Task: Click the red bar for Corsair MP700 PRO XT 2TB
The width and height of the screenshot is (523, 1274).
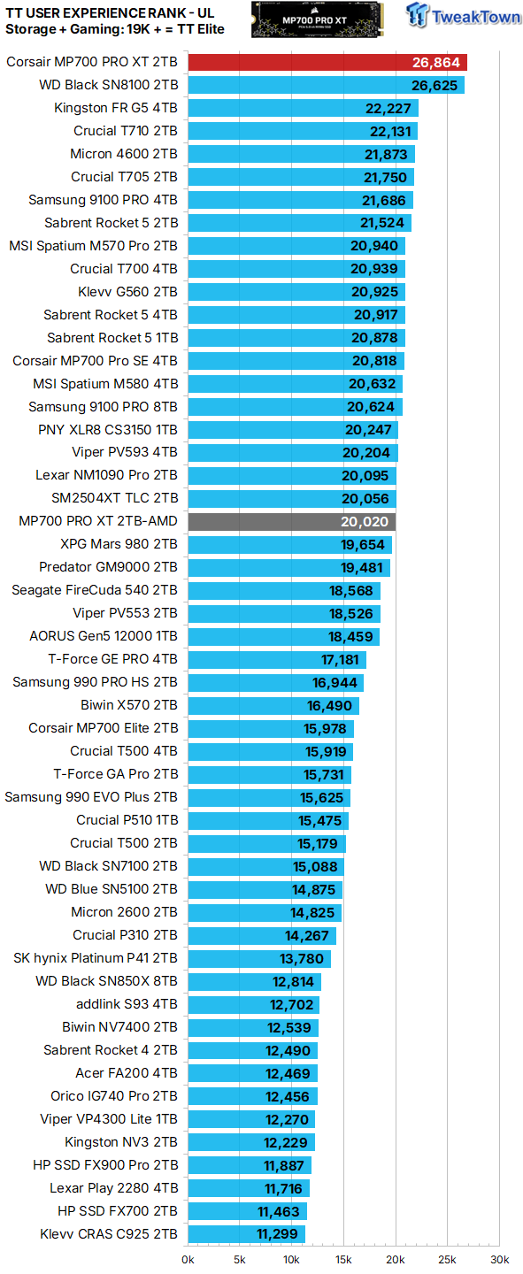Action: tap(327, 62)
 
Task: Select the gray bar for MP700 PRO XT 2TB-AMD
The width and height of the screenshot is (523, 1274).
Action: tap(291, 522)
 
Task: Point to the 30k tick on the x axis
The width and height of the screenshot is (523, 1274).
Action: tap(499, 1259)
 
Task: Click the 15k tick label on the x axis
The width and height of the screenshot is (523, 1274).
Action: tap(343, 1259)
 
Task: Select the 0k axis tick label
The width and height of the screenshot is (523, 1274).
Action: tap(188, 1259)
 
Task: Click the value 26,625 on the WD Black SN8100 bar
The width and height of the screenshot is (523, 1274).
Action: tap(435, 85)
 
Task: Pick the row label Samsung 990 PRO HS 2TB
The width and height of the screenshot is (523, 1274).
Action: tap(95, 682)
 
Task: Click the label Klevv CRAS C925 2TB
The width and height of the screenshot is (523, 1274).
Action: tap(109, 1234)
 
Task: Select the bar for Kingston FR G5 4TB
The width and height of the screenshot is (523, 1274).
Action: tap(302, 108)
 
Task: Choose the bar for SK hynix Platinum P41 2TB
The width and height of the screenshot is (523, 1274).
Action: tap(258, 958)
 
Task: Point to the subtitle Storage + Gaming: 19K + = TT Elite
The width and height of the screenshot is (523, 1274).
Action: tap(114, 29)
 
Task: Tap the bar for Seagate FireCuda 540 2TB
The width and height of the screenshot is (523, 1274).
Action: tap(283, 590)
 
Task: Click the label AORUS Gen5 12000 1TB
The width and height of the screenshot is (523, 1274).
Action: tap(104, 636)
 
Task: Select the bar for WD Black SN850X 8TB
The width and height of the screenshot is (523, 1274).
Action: tap(254, 981)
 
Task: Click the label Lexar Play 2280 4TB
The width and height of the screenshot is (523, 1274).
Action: tap(113, 1188)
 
